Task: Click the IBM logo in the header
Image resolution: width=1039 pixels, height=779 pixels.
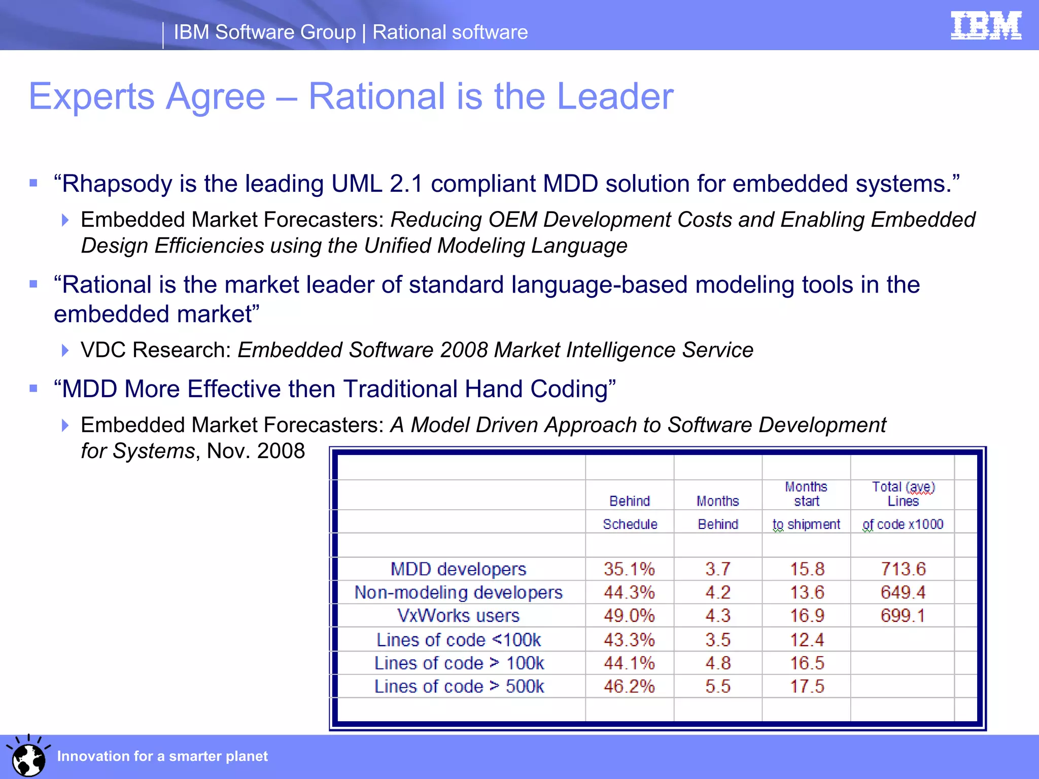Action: click(986, 25)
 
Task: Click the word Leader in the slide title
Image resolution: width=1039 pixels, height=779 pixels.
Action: click(615, 96)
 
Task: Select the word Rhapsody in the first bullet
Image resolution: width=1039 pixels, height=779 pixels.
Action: click(116, 184)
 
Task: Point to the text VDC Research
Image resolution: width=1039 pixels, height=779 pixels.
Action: click(156, 350)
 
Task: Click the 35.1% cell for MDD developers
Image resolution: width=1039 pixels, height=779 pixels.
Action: click(629, 569)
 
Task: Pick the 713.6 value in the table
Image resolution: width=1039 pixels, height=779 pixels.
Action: click(903, 569)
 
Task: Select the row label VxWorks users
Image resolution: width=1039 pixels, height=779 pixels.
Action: click(458, 616)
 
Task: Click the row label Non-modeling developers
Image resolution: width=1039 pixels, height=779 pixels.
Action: click(458, 592)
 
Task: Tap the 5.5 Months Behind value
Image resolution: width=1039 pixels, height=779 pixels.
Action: click(717, 687)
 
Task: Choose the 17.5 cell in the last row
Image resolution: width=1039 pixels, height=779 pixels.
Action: click(807, 687)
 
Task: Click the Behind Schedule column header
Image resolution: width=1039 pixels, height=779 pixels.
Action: click(630, 512)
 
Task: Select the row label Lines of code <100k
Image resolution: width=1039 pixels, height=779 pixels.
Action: click(458, 640)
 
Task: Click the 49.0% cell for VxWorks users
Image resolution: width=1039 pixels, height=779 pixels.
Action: click(629, 616)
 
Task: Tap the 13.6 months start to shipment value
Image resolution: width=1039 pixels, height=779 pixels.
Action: click(807, 592)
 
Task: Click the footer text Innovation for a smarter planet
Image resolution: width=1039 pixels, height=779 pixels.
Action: click(162, 756)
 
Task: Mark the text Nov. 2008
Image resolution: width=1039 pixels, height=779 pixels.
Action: click(256, 451)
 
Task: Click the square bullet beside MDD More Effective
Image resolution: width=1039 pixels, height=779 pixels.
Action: click(33, 389)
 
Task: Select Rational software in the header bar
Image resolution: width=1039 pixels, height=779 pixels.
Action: click(450, 32)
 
